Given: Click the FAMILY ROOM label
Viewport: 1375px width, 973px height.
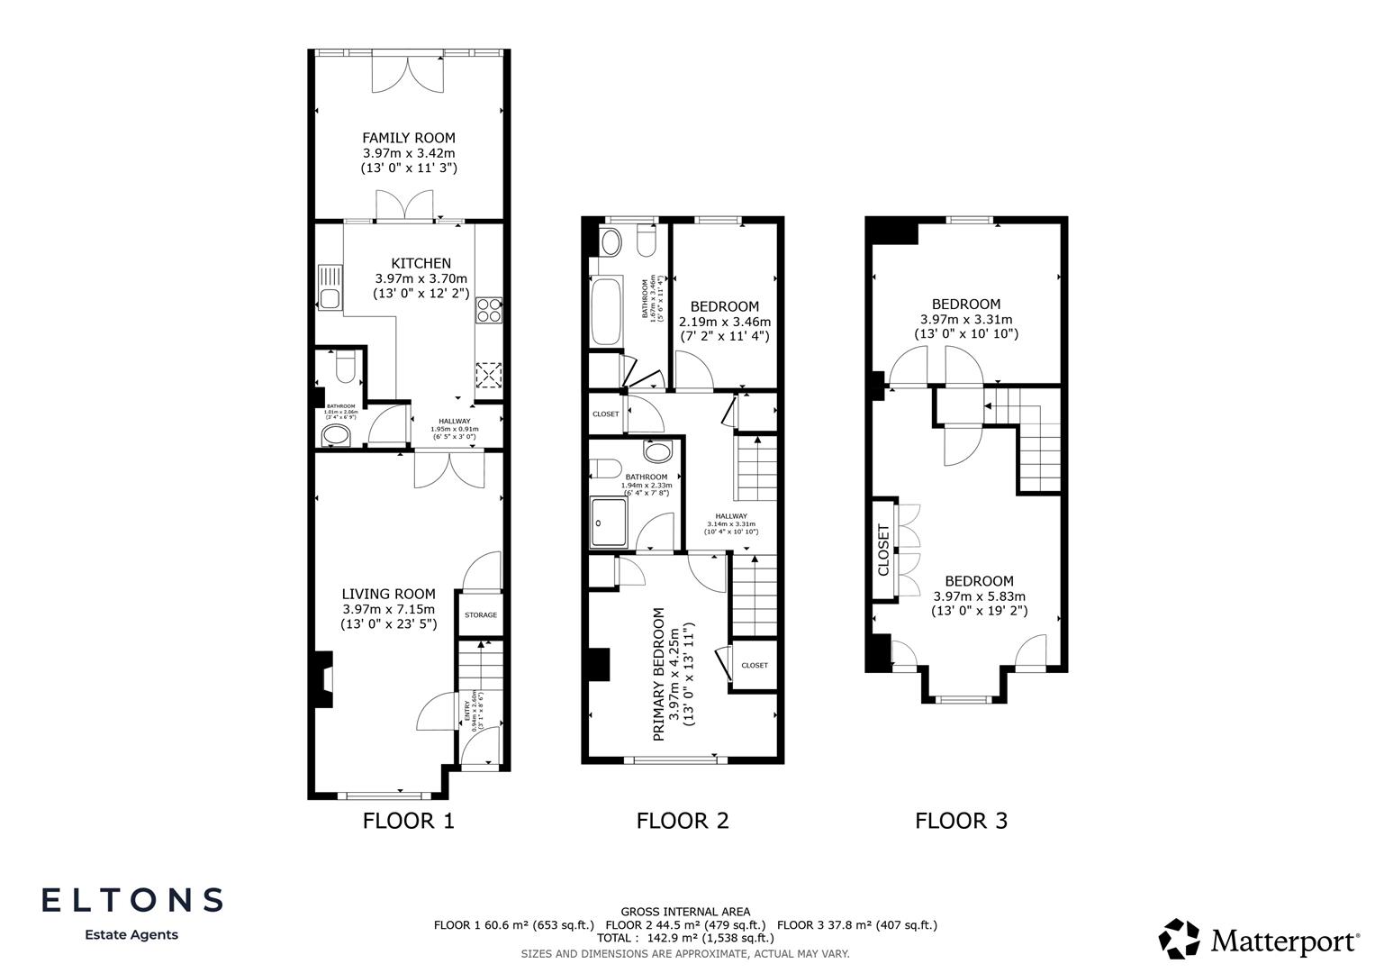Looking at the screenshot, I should coord(409,138).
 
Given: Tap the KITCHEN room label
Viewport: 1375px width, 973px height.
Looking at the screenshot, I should coord(421,263).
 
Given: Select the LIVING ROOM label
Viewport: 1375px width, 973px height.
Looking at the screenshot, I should coord(388,594).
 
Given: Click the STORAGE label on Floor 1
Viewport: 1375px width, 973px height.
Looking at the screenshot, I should coord(480,614).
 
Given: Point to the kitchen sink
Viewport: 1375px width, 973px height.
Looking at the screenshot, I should coord(330,287).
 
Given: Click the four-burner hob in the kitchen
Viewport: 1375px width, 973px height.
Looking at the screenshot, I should coord(489,310).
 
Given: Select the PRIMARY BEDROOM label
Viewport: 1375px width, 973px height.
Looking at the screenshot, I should coord(659,674).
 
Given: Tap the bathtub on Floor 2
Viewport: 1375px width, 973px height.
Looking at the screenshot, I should coord(604,311).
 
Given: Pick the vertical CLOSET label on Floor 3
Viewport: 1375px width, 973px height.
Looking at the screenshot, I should coord(883,550).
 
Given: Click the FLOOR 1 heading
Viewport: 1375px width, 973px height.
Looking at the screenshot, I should coord(408,821).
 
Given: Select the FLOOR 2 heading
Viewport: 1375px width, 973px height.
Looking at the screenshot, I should coord(682,821).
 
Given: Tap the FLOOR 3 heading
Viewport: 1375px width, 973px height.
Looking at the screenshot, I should coord(961,821).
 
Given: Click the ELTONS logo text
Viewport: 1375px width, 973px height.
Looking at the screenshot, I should coord(131,899).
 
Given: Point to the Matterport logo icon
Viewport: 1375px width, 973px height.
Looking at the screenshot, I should coord(1179,939).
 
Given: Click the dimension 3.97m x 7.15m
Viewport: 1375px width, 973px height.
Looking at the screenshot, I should coord(388,609).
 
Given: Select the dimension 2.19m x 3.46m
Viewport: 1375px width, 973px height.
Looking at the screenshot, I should coord(725,322).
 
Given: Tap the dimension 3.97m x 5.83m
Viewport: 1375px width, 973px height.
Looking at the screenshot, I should coord(979,596).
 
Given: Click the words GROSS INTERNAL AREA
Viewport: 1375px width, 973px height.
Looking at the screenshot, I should coord(685,912).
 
